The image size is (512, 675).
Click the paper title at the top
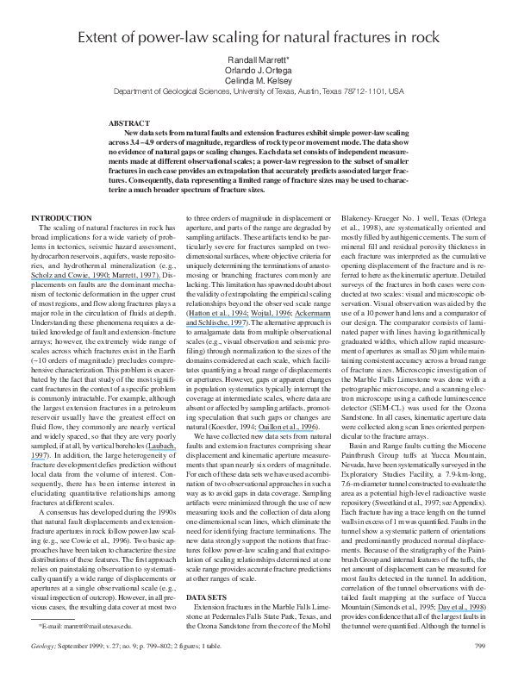(256, 38)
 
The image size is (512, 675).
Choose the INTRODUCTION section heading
(62, 217)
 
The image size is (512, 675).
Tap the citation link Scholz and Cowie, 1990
(63, 273)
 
